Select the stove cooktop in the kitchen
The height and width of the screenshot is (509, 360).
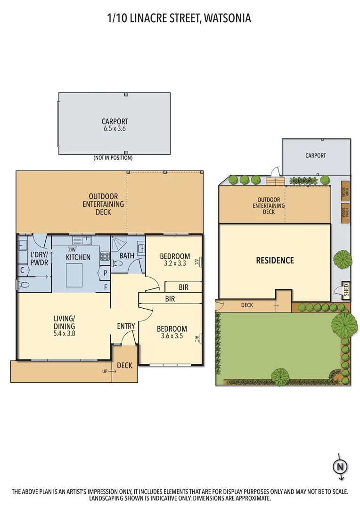pyautogui.click(x=105, y=257)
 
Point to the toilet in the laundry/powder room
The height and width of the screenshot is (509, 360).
pyautogui.click(x=25, y=285)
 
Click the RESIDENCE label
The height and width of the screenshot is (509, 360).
pyautogui.click(x=275, y=261)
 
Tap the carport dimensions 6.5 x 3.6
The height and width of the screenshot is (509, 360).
pyautogui.click(x=115, y=128)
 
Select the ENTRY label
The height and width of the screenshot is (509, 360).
pyautogui.click(x=126, y=326)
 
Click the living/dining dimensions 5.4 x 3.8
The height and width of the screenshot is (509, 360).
pyautogui.click(x=64, y=333)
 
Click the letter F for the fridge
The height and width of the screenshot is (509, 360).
pyautogui.click(x=105, y=287)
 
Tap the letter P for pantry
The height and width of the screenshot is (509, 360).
pyautogui.click(x=105, y=272)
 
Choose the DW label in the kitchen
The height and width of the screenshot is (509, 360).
pyautogui.click(x=73, y=250)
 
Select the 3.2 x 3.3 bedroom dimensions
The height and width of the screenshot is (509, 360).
pyautogui.click(x=174, y=263)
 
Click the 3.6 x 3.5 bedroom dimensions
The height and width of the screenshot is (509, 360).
pyautogui.click(x=172, y=337)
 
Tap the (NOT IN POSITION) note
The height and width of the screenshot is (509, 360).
pyautogui.click(x=113, y=158)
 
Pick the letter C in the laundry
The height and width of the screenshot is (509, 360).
pyautogui.click(x=22, y=271)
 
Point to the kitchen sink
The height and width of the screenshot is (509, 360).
pyautogui.click(x=87, y=240)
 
